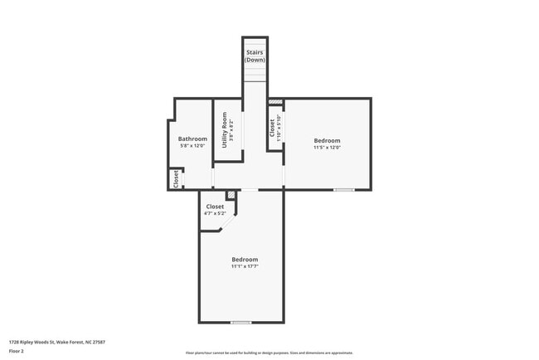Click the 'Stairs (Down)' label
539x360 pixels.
(255, 56)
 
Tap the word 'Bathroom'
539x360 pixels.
(192, 139)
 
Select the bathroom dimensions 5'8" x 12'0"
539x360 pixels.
(192, 146)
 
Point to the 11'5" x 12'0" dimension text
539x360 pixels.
(327, 148)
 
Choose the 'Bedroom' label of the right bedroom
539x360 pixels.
(327, 140)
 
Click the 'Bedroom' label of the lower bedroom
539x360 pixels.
(245, 259)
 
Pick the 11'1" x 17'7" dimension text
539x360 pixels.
(245, 266)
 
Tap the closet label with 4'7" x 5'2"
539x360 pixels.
(215, 207)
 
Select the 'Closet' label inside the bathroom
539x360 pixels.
(176, 178)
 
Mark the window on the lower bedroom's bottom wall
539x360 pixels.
(241, 322)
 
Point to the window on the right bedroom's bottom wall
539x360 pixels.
(343, 190)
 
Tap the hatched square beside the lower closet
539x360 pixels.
(231, 195)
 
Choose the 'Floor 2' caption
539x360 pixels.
(17, 352)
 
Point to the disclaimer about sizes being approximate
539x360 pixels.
(269, 353)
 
